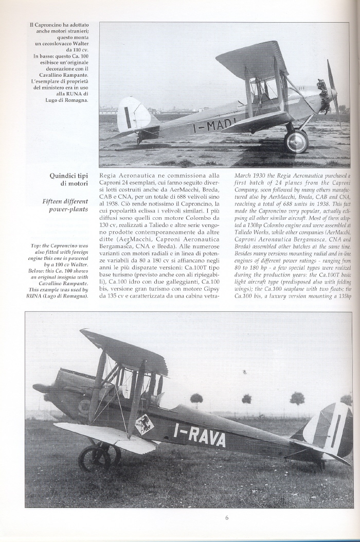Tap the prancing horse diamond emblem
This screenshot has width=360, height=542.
tap(143, 424)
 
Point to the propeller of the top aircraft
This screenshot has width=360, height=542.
tap(333, 93)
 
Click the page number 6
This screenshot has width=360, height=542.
tap(226, 517)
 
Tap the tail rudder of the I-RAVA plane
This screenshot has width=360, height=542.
tap(329, 429)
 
